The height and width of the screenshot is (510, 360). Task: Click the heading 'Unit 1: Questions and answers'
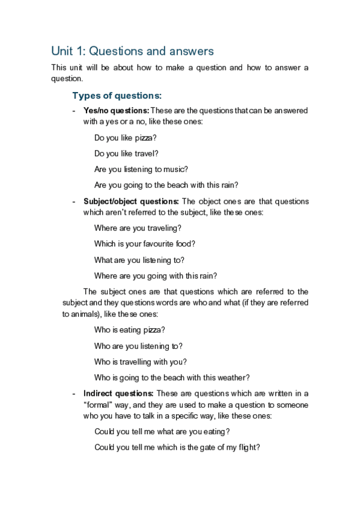(132, 51)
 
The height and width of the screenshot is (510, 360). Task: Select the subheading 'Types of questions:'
(117, 96)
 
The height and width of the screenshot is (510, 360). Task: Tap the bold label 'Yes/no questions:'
(116, 111)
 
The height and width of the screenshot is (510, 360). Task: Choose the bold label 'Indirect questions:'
(118, 394)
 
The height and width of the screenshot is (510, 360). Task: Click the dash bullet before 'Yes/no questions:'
(74, 111)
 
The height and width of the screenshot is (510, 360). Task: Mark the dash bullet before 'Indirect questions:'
(74, 394)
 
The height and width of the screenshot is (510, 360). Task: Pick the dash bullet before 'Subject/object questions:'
(74, 201)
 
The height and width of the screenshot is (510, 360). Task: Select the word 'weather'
(230, 378)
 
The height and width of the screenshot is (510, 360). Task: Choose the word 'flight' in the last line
(245, 447)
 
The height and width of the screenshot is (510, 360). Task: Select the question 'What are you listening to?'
(139, 260)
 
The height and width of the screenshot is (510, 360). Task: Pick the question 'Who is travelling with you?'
(141, 362)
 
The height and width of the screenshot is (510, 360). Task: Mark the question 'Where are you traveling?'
(138, 228)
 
